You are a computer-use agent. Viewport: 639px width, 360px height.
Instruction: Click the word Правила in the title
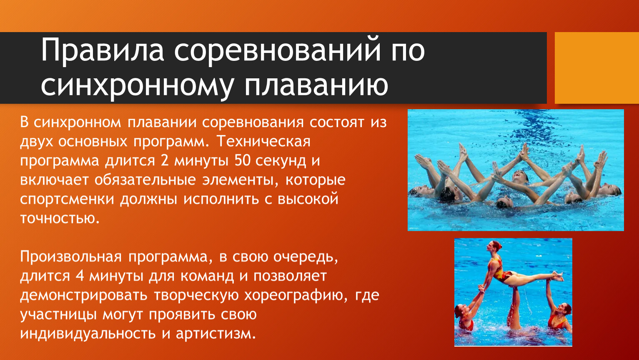pos(103,50)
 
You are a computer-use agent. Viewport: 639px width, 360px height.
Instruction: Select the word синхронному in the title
pos(137,85)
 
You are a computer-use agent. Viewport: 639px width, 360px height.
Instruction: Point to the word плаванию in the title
pos(316,85)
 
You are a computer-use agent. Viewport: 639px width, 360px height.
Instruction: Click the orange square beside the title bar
pos(597,68)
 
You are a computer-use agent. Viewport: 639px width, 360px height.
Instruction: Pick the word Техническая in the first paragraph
pos(263,141)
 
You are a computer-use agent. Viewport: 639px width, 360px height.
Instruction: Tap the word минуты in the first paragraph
pos(201,160)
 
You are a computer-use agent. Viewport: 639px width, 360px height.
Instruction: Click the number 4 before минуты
pos(80,276)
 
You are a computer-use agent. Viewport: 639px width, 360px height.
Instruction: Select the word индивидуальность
pos(88,334)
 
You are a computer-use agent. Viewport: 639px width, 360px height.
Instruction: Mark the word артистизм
pos(216,334)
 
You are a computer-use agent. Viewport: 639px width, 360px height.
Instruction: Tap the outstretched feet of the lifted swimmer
pos(558,275)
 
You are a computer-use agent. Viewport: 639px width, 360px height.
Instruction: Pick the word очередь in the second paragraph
pos(306,257)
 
